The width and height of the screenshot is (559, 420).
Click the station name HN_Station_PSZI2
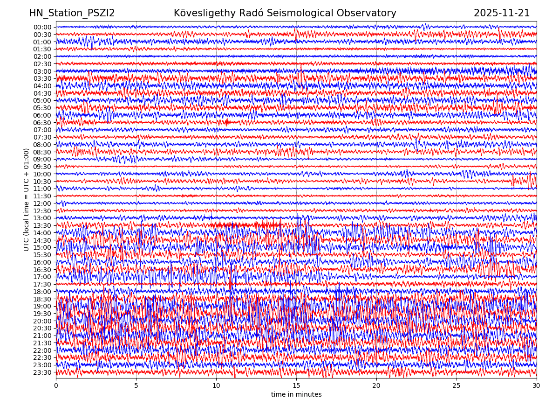pyautogui.click(x=72, y=14)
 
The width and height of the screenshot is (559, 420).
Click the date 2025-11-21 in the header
pyautogui.click(x=502, y=14)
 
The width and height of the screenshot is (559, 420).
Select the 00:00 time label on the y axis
pyautogui.click(x=42, y=27)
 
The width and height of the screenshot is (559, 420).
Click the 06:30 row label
pyautogui.click(x=42, y=123)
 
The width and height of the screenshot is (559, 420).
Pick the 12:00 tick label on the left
pyautogui.click(x=42, y=203)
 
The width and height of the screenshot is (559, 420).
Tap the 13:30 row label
pyautogui.click(x=42, y=225)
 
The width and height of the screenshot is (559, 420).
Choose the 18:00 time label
pyautogui.click(x=42, y=292)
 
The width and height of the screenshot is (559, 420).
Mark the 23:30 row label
pyautogui.click(x=42, y=372)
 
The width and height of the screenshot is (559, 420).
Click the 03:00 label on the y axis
pyautogui.click(x=42, y=71)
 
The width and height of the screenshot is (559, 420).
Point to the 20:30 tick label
pyautogui.click(x=42, y=329)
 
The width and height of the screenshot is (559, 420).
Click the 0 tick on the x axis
pyautogui.click(x=56, y=386)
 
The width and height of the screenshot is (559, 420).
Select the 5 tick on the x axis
pyautogui.click(x=136, y=386)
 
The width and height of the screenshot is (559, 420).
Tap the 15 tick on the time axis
pyautogui.click(x=296, y=386)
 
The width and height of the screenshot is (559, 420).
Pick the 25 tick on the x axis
pyautogui.click(x=457, y=386)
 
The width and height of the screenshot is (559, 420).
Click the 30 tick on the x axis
pyautogui.click(x=537, y=386)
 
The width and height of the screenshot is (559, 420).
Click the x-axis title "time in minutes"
pyautogui.click(x=296, y=395)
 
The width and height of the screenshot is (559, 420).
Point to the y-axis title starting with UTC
pyautogui.click(x=27, y=200)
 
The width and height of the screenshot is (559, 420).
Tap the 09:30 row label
pyautogui.click(x=42, y=167)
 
